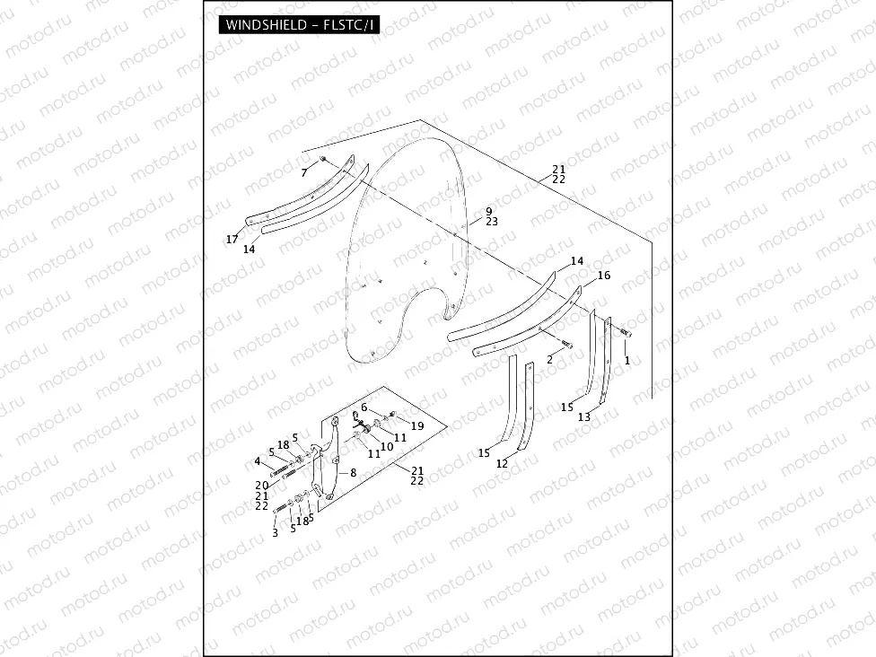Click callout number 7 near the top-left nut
pyautogui.click(x=305, y=171)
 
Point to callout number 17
pyautogui.click(x=232, y=239)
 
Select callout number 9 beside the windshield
pyautogui.click(x=490, y=210)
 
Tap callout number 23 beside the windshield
pyautogui.click(x=491, y=221)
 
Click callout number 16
pyautogui.click(x=604, y=276)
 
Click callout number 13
pyautogui.click(x=584, y=416)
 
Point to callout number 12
pyautogui.click(x=502, y=463)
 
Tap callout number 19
pyautogui.click(x=417, y=425)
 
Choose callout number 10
pyautogui.click(x=387, y=445)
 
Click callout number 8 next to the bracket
pyautogui.click(x=354, y=472)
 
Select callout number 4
pyautogui.click(x=257, y=461)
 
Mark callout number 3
pyautogui.click(x=276, y=533)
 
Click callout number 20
pyautogui.click(x=262, y=484)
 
